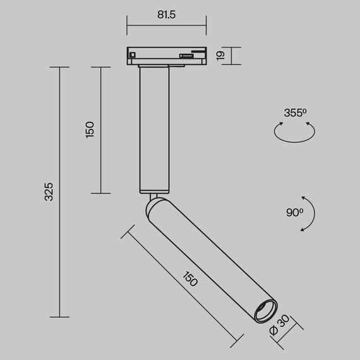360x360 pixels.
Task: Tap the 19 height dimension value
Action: click(x=221, y=56)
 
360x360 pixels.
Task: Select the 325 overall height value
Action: click(x=49, y=192)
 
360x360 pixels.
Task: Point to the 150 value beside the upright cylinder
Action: click(x=90, y=129)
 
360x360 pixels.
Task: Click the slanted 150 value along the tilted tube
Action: click(x=189, y=279)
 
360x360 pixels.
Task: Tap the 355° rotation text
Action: click(x=295, y=113)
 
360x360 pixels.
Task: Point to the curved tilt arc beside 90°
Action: click(x=310, y=213)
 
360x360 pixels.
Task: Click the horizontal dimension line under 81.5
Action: click(x=167, y=26)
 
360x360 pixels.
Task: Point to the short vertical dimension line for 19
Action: click(x=231, y=56)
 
